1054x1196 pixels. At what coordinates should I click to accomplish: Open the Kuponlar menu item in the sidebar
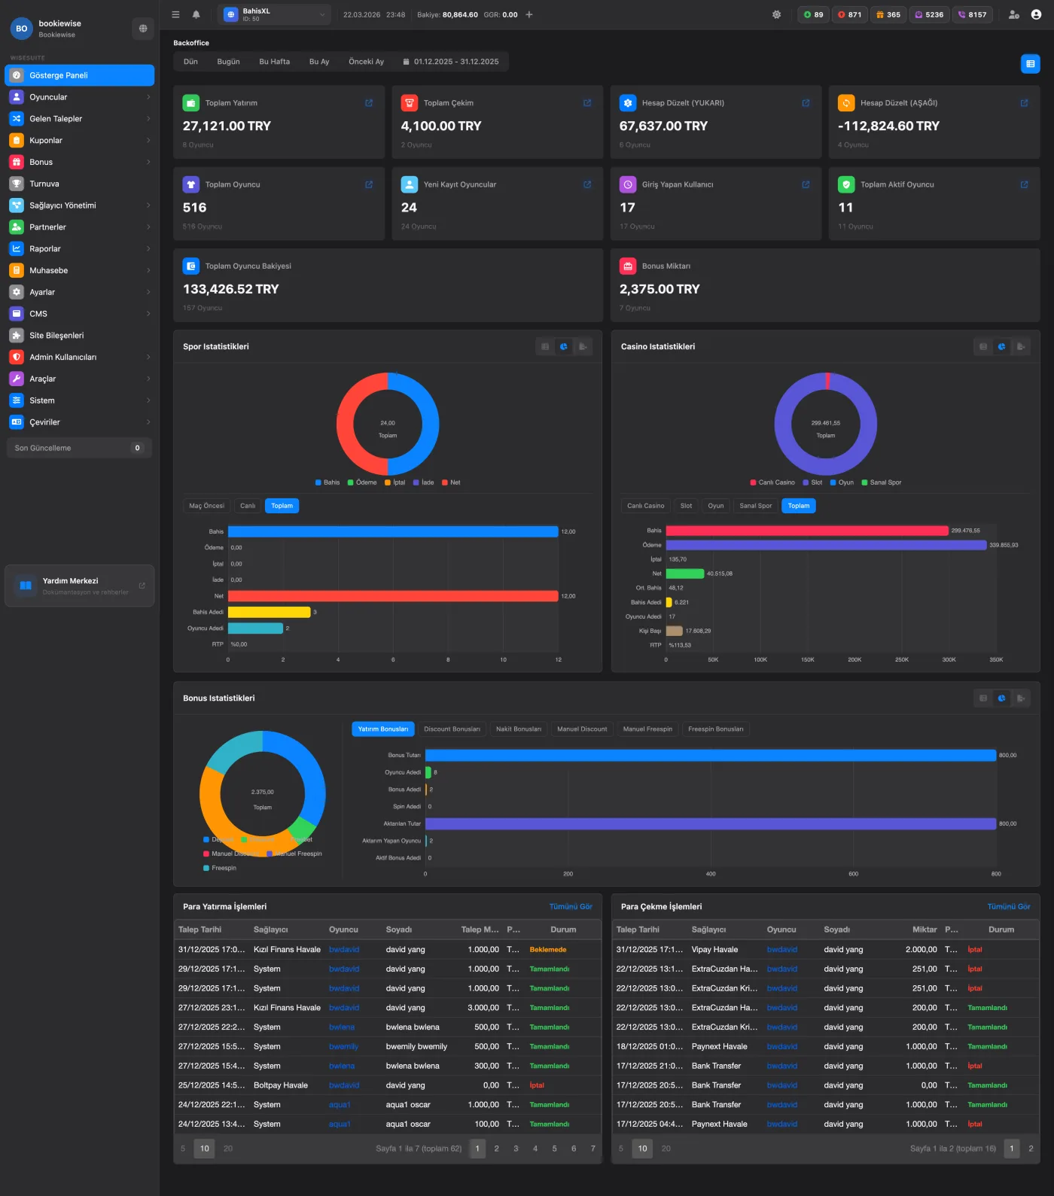point(46,141)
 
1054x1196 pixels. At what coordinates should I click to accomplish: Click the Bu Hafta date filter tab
point(274,62)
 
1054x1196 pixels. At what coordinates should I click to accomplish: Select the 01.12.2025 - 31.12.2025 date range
point(451,62)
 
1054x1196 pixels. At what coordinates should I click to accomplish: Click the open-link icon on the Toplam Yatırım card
point(369,103)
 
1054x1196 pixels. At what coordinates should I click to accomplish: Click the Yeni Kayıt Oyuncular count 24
point(409,208)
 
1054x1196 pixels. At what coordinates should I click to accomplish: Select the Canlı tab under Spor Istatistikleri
point(248,506)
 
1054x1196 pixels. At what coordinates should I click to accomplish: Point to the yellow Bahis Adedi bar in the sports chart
point(269,612)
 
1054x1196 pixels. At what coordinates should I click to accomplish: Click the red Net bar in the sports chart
point(392,596)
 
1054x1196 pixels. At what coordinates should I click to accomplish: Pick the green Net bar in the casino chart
point(684,574)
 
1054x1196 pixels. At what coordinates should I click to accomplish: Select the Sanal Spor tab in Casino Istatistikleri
point(755,506)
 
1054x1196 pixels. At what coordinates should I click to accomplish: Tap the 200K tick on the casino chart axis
point(854,659)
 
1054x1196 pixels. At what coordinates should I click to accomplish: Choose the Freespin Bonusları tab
point(715,729)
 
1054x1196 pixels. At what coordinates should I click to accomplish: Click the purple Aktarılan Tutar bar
point(710,823)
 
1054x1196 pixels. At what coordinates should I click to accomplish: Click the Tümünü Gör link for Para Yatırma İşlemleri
point(570,906)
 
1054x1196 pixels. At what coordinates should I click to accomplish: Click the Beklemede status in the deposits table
point(547,950)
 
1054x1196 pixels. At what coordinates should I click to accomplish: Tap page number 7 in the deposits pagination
point(592,1149)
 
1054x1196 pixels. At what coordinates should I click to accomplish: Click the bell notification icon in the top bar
point(196,14)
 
